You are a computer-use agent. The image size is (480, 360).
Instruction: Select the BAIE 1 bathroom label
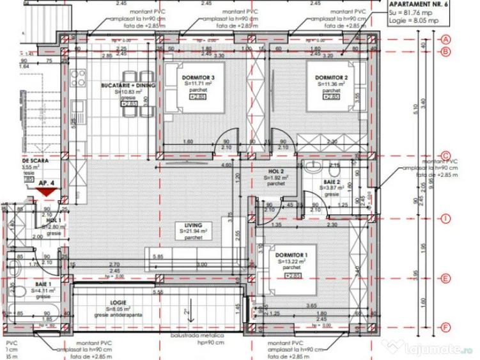coord(43,285)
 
